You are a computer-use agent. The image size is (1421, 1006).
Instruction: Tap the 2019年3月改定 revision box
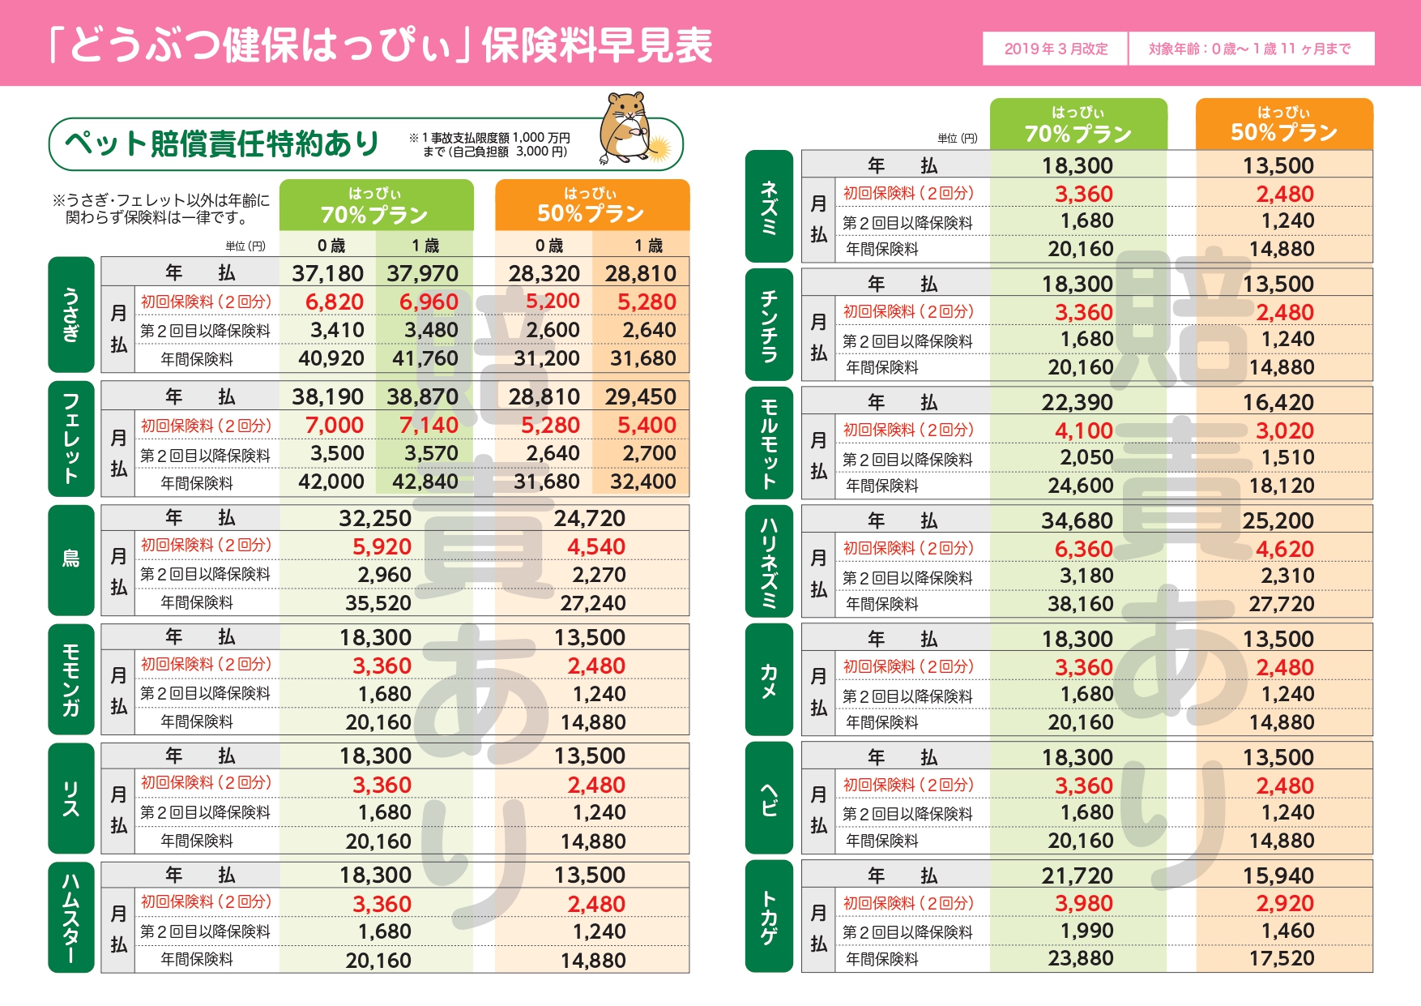click(x=1055, y=49)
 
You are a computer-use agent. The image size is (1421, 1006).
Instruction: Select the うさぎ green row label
click(x=71, y=315)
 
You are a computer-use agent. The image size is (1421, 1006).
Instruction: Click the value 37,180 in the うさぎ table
click(x=327, y=274)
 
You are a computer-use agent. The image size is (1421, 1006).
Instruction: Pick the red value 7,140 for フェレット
click(x=429, y=425)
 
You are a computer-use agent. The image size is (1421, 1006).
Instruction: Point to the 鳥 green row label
click(x=71, y=559)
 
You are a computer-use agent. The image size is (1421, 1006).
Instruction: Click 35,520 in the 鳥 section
click(x=378, y=603)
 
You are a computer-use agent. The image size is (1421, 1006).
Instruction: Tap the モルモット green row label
click(x=769, y=443)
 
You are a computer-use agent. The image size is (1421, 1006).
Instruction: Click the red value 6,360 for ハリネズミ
click(x=1083, y=549)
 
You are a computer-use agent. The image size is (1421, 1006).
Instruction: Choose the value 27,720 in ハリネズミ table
click(x=1281, y=604)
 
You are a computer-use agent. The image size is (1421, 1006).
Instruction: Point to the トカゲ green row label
click(x=769, y=916)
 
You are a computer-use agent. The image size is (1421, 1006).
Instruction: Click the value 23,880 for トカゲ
click(x=1080, y=959)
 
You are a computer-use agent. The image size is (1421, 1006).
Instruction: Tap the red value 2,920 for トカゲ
click(x=1285, y=904)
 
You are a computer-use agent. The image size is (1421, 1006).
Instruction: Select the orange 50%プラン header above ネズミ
click(x=1284, y=124)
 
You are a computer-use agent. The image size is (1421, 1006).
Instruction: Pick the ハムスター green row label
click(x=71, y=916)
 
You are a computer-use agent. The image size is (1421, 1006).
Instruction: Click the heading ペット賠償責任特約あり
click(x=222, y=144)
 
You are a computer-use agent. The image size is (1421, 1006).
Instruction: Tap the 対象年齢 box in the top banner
click(x=1250, y=49)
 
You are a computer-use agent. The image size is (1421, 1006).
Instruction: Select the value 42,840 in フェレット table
click(x=425, y=482)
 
